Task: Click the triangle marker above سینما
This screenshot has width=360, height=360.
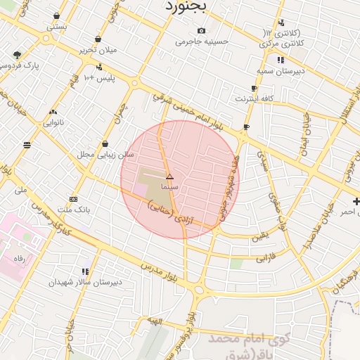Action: pos(169,176)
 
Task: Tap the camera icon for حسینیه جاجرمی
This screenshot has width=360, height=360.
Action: pos(202,30)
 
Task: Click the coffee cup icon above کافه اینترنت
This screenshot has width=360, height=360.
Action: pos(254,89)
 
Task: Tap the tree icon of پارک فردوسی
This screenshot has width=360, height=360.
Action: pos(17,55)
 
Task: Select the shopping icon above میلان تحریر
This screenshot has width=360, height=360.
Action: pos(97,39)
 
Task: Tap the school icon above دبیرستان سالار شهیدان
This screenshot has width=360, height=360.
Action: pos(85,271)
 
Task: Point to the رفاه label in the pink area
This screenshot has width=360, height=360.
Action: pos(20,259)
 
